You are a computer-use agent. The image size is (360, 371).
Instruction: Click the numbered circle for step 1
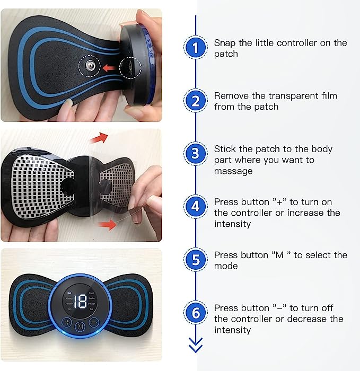click(x=196, y=48)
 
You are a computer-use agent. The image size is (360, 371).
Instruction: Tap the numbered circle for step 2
click(x=196, y=101)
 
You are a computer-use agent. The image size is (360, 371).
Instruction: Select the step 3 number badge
click(x=196, y=154)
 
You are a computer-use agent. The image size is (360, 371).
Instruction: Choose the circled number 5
click(x=196, y=260)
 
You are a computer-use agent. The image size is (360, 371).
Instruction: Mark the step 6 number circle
click(x=196, y=313)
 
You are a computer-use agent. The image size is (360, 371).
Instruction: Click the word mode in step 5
click(x=225, y=266)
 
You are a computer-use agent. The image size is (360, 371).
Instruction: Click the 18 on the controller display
click(x=81, y=302)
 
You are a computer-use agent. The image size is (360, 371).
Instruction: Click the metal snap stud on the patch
click(x=89, y=67)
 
